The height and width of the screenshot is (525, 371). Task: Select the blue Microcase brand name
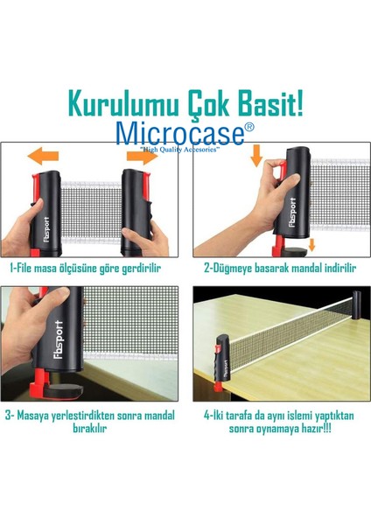[x=179, y=134]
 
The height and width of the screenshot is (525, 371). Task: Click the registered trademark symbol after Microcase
[x=249, y=127]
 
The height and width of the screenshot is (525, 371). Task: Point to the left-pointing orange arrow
[x=43, y=156]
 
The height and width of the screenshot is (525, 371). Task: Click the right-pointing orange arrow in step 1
[x=142, y=156]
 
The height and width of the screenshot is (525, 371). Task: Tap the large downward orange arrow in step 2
[x=256, y=156]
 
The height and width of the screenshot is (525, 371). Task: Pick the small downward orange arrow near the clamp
[x=311, y=245]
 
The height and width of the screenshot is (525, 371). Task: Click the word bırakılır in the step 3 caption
[x=90, y=428]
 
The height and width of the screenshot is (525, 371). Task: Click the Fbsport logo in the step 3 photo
[x=59, y=339]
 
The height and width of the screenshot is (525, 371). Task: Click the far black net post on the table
[x=357, y=305]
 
